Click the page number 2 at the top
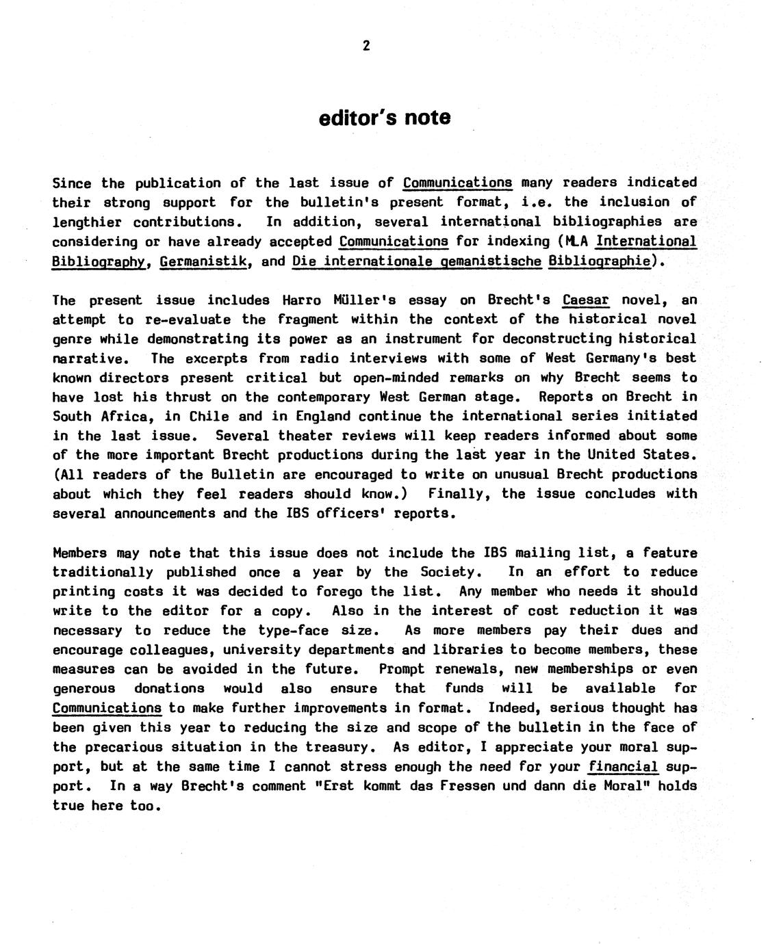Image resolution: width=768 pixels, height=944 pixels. coord(366,46)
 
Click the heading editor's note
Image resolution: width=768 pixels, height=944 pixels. coord(385,118)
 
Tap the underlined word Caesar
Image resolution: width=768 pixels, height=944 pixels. coord(585,300)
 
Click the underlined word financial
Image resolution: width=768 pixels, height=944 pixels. coord(623,766)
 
